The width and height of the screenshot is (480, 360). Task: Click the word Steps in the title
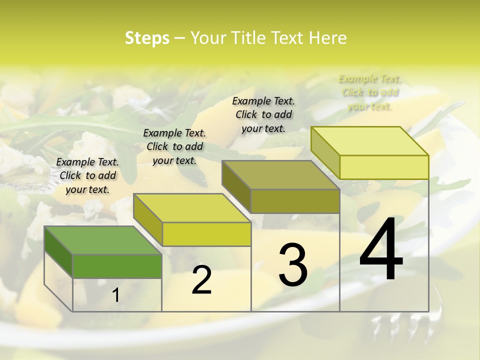[x=147, y=38]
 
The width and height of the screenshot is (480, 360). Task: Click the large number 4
[x=381, y=250]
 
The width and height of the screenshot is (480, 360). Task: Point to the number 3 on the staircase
[x=293, y=264]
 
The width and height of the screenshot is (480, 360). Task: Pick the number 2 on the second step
[x=201, y=280]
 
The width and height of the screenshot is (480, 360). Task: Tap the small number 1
[x=116, y=295]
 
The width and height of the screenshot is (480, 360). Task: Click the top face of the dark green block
[x=103, y=240]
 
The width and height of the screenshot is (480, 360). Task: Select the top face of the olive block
[x=280, y=175]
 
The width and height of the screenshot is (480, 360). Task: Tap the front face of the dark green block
[x=117, y=266]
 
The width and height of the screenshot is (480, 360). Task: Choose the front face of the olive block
[x=295, y=201]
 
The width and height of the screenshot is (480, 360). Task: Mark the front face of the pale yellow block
[x=384, y=167]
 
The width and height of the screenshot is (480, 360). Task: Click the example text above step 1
[x=87, y=175]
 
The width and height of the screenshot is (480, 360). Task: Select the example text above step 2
[x=174, y=146]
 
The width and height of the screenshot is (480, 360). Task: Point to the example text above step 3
[x=263, y=114]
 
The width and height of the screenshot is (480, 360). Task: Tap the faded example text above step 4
[x=369, y=92]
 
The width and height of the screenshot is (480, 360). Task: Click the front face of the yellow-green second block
[x=206, y=234]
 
